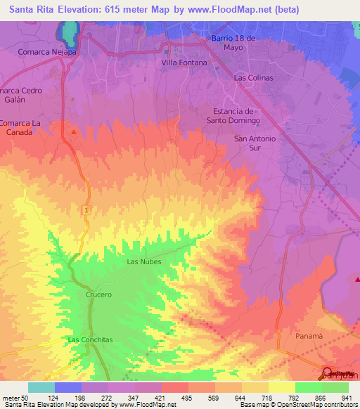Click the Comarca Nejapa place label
click(48, 51)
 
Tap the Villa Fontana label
click(184, 63)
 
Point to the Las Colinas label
click(253, 78)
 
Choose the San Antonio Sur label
click(255, 143)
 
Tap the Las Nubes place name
click(143, 261)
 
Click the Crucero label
click(99, 295)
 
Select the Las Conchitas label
click(90, 339)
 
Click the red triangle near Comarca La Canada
click(75, 131)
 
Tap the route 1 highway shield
click(84, 210)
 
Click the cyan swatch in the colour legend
click(41, 387)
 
